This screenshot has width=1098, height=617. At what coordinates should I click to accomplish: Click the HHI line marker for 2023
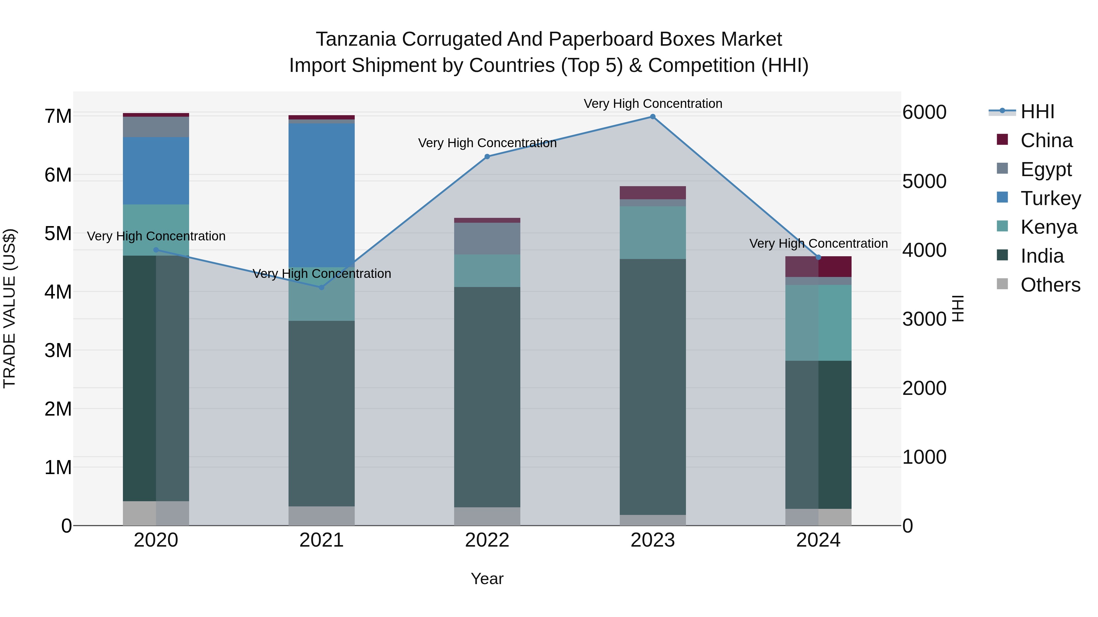[653, 117]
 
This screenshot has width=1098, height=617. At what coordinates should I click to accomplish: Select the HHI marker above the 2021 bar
[322, 287]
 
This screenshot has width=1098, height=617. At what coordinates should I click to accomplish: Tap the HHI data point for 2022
[487, 157]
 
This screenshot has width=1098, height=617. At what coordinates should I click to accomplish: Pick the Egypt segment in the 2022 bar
[487, 239]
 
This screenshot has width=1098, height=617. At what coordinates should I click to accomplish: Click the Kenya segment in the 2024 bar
[818, 323]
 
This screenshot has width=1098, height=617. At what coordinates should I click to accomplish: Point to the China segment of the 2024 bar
[818, 267]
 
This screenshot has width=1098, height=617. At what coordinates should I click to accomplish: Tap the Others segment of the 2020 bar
[156, 513]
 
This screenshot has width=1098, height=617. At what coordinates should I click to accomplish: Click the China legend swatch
[1003, 140]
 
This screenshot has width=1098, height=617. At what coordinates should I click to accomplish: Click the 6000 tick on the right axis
[924, 112]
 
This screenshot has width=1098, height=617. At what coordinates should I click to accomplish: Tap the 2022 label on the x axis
[487, 540]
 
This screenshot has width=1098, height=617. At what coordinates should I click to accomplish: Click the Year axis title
[487, 579]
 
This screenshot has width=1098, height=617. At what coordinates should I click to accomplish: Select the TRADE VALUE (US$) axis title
[9, 308]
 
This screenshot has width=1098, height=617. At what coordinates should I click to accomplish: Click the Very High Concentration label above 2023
[653, 104]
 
